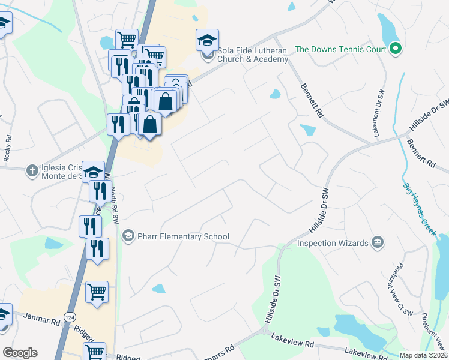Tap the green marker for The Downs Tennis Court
click(x=394, y=49)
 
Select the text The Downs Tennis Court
click(x=340, y=49)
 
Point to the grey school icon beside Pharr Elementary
click(x=127, y=236)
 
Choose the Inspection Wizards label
click(x=333, y=243)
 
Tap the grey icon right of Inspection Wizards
click(x=378, y=242)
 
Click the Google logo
click(x=19, y=353)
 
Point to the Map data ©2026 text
click(x=423, y=355)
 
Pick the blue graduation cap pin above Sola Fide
click(x=206, y=41)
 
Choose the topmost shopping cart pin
click(x=127, y=40)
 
